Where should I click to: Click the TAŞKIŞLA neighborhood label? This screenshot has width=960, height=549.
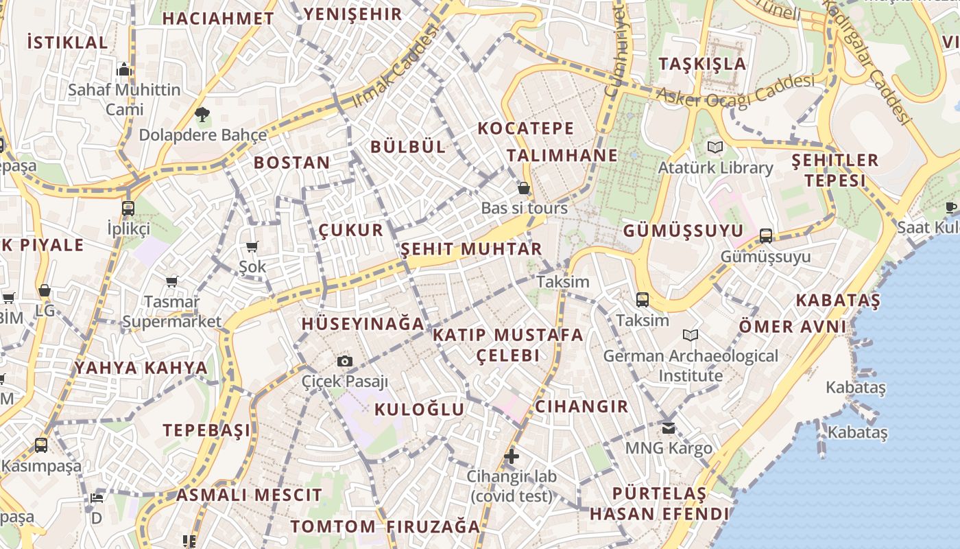[x=702, y=64]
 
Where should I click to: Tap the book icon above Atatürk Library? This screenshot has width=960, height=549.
[x=715, y=147]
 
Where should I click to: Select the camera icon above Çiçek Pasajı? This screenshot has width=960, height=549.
[x=345, y=361]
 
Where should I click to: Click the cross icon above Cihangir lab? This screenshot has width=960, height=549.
[x=512, y=456]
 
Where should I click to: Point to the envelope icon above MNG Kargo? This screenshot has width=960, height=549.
[x=669, y=428]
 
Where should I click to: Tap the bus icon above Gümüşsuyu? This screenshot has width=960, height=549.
[x=766, y=236]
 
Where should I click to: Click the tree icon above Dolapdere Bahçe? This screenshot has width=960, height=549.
[x=202, y=115]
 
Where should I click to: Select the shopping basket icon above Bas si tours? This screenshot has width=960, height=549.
[x=524, y=188]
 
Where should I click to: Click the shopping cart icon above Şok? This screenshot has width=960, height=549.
[x=252, y=246]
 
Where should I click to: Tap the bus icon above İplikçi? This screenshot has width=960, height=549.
[x=128, y=209]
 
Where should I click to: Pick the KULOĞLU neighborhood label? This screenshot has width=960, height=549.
[x=420, y=410]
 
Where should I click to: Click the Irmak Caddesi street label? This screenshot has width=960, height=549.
[x=394, y=67]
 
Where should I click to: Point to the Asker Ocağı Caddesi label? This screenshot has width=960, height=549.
[x=735, y=90]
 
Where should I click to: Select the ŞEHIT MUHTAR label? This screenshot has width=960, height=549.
[x=471, y=248]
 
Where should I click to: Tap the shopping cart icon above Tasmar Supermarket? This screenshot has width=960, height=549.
[x=172, y=281]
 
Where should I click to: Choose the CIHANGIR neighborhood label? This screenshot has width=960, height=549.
[x=581, y=406]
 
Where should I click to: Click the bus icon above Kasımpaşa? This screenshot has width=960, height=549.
[x=41, y=445]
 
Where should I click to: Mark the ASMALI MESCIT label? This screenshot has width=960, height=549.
[x=249, y=495]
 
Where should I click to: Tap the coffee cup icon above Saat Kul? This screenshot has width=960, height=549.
[x=951, y=207]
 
